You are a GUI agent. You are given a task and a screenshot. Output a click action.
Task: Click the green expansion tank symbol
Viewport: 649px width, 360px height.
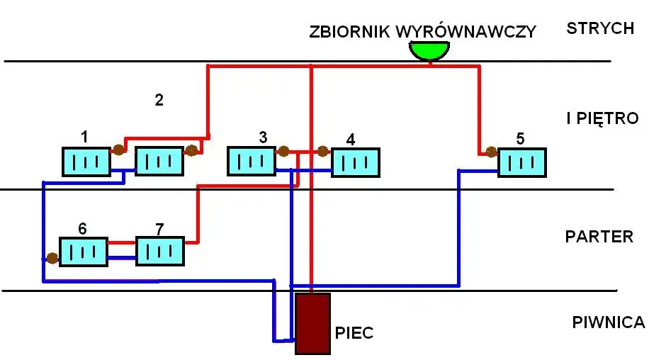point(429,51)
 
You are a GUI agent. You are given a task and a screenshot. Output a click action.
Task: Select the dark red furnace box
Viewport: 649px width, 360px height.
point(312,323)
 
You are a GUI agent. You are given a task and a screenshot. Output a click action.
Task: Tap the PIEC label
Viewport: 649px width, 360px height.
point(354,333)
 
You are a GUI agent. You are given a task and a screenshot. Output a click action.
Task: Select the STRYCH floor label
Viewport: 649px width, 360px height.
point(599,28)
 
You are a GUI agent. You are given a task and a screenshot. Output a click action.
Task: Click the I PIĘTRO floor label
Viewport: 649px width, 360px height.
point(602,118)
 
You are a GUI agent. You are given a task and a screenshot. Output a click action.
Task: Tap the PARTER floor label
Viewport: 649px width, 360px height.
point(599,236)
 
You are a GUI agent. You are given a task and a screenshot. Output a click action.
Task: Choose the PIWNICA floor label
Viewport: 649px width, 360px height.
point(608,322)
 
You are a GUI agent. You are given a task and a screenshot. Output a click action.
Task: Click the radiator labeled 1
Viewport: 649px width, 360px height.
point(86,161)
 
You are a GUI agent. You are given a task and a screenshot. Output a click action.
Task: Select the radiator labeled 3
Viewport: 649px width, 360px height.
point(251,161)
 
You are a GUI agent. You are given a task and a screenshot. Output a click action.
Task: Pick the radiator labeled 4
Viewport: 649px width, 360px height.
point(356,162)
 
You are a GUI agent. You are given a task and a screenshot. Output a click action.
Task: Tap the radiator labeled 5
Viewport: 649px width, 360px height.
point(522,162)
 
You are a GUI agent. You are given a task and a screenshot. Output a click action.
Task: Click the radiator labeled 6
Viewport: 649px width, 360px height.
point(83,252)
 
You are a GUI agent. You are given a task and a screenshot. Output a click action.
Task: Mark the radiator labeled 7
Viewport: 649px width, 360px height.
point(160,251)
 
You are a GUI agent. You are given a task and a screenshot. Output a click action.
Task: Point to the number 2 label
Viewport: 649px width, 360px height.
point(159,100)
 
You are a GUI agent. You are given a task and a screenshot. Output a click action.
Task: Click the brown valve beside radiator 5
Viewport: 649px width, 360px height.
point(489,151)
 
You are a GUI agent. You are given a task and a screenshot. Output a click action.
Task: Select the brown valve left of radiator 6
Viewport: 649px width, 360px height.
point(51,258)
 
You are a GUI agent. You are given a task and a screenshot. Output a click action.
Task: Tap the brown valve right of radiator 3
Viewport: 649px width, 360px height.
point(283,151)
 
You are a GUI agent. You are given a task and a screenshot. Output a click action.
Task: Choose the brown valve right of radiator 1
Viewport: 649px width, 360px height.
point(118,150)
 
